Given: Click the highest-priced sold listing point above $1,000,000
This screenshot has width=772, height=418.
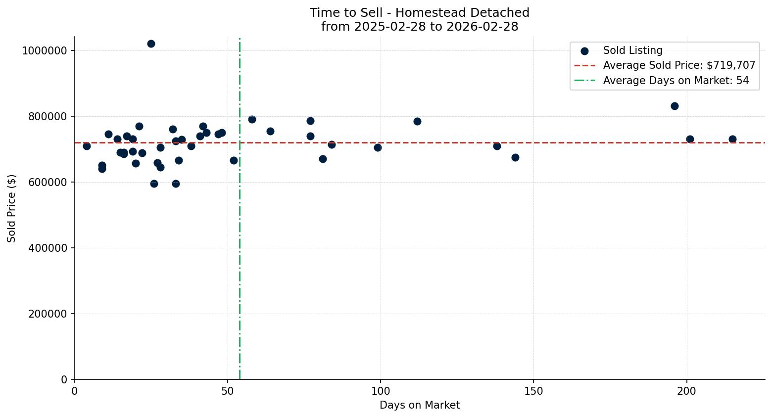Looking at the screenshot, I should pyautogui.click(x=151, y=44).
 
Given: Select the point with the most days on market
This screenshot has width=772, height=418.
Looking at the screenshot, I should pyautogui.click(x=732, y=139).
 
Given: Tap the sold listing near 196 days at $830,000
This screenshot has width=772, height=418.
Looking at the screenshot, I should pyautogui.click(x=675, y=106).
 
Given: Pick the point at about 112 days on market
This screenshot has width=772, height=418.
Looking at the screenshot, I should pyautogui.click(x=417, y=121).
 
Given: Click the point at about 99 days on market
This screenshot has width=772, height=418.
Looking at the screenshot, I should pyautogui.click(x=378, y=147).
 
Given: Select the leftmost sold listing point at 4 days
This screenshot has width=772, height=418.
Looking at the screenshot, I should pyautogui.click(x=87, y=146).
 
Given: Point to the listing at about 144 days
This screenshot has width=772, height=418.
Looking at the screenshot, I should pyautogui.click(x=515, y=157).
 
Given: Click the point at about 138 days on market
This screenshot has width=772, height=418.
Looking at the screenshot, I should pyautogui.click(x=497, y=146).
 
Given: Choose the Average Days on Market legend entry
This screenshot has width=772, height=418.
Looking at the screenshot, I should pyautogui.click(x=675, y=81).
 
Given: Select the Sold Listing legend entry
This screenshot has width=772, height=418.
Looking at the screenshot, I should pyautogui.click(x=632, y=50).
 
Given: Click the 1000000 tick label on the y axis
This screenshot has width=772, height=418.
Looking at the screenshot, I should pyautogui.click(x=45, y=50).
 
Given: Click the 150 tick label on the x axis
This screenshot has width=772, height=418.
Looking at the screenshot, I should pyautogui.click(x=533, y=391).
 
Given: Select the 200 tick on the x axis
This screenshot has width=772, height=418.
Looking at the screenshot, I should pyautogui.click(x=686, y=391).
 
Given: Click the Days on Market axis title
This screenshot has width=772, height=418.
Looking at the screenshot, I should pyautogui.click(x=420, y=405).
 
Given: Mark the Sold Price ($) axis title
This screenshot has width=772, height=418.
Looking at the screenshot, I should pyautogui.click(x=11, y=208).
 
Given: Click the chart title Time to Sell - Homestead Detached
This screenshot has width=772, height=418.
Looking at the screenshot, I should pyautogui.click(x=420, y=13).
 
